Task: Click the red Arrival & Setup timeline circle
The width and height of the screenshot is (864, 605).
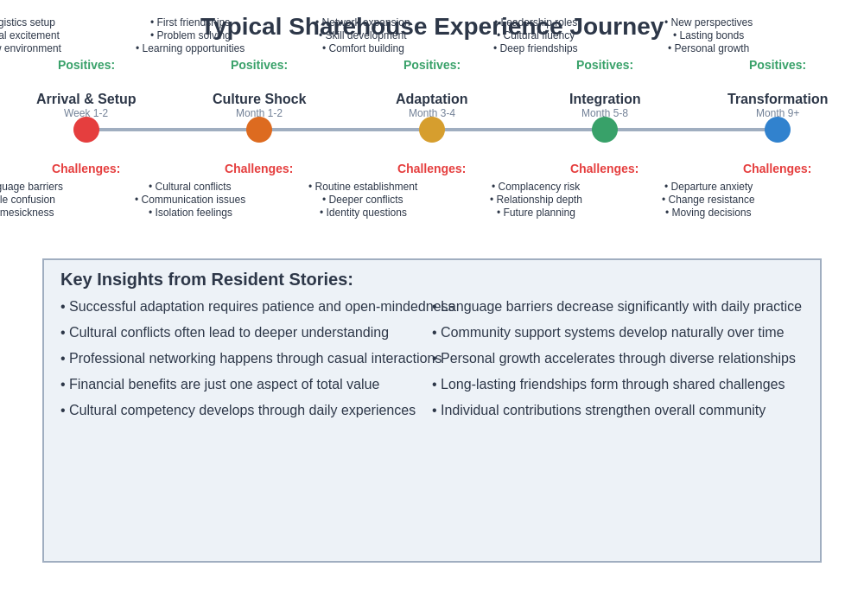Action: pyautogui.click(x=86, y=130)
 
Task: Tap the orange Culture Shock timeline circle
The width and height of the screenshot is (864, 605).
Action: pyautogui.click(x=259, y=130)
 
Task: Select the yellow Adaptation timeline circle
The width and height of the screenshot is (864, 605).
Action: pyautogui.click(x=432, y=130)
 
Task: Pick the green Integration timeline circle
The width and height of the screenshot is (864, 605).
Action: pyautogui.click(x=605, y=130)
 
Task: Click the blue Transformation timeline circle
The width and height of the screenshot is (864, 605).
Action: pyautogui.click(x=778, y=130)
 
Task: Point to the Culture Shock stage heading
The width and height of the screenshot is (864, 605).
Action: pyautogui.click(x=259, y=99)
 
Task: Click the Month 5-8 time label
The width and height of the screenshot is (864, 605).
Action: pyautogui.click(x=605, y=113)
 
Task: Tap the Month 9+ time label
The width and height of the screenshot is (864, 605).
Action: pyautogui.click(x=778, y=113)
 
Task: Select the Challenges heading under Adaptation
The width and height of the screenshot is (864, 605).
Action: pyautogui.click(x=431, y=169)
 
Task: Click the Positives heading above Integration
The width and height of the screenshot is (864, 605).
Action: pyautogui.click(x=605, y=65)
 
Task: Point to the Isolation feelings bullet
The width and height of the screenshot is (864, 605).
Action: pyautogui.click(x=190, y=213)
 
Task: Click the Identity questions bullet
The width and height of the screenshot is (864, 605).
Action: pyautogui.click(x=363, y=213)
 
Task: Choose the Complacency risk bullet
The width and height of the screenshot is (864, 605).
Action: pyautogui.click(x=536, y=187)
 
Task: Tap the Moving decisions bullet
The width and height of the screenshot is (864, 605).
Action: pyautogui.click(x=708, y=213)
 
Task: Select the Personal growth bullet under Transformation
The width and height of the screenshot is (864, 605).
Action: pyautogui.click(x=708, y=48)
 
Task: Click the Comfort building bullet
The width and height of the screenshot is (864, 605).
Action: pyautogui.click(x=363, y=48)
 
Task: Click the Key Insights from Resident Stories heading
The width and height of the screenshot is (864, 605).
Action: pyautogui.click(x=206, y=279)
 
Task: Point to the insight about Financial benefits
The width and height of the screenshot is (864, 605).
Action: pyautogui.click(x=220, y=385)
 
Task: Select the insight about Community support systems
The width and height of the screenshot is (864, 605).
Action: pyautogui.click(x=608, y=333)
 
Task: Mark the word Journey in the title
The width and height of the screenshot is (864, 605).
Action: pyautogui.click(x=615, y=27)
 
